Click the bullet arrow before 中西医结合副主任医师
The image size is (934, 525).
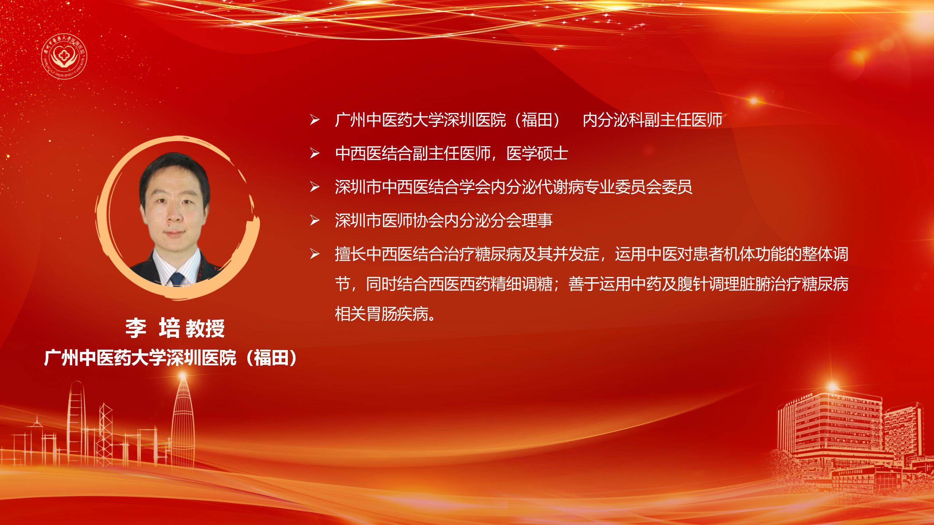[x=314, y=153]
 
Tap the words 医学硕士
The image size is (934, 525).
[x=537, y=153]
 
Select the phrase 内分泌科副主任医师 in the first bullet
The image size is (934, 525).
[x=653, y=120]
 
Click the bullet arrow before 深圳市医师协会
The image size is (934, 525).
[x=314, y=221]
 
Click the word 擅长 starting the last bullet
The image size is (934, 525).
[x=351, y=254]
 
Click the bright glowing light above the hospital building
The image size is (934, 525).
[x=832, y=386]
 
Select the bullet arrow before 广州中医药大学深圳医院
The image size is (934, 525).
[x=314, y=120]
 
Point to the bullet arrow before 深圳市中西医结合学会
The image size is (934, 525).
[x=314, y=187]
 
